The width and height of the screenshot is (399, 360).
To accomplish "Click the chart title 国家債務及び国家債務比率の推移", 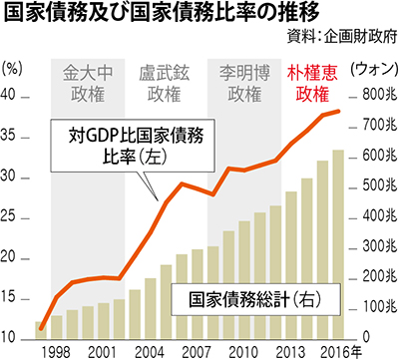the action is tap(162, 12).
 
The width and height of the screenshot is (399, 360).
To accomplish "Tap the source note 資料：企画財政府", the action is tap(342, 36).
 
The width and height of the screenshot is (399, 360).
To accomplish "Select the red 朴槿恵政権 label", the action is tap(312, 84).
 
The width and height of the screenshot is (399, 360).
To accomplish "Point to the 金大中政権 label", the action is tap(88, 84).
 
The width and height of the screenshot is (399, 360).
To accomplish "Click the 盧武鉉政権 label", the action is tap(165, 84).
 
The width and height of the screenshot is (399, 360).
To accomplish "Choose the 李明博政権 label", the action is tap(244, 84).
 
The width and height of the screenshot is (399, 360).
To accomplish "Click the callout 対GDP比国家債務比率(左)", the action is tap(133, 146).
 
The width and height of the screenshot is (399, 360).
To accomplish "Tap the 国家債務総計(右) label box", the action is tap(255, 299).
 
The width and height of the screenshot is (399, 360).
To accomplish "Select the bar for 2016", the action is tap(338, 245).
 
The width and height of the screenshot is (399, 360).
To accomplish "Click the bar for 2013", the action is tap(291, 265).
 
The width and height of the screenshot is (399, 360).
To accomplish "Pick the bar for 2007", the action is tap(198, 294).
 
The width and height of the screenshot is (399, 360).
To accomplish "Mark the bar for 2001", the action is tap(104, 321).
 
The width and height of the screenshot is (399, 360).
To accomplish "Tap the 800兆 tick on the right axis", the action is tap(380, 95).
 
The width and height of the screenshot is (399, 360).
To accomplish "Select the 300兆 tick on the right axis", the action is tap(380, 246).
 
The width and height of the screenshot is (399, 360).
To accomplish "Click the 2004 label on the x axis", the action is tap(150, 352).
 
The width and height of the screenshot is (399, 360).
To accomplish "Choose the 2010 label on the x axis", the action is tap(243, 352).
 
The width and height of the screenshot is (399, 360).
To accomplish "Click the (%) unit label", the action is tap(12, 69).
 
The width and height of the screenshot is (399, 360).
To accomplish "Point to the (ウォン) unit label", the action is tap(374, 69).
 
